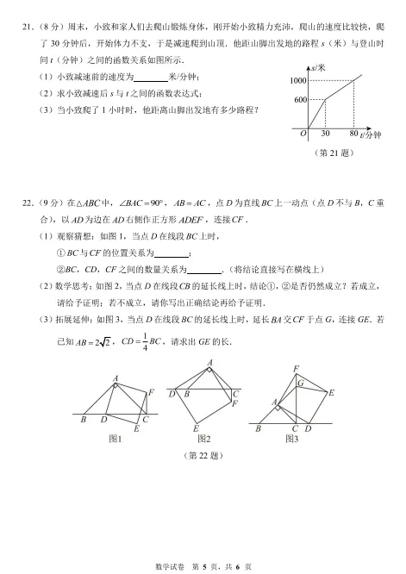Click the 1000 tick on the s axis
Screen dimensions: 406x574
(297, 80)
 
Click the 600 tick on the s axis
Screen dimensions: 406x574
(300, 100)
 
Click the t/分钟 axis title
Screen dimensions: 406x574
(372, 136)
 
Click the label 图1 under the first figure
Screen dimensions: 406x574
(116, 439)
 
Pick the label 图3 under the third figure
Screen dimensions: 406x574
(291, 439)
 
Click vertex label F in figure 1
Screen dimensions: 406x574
(151, 393)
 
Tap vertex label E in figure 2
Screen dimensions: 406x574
(197, 428)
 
